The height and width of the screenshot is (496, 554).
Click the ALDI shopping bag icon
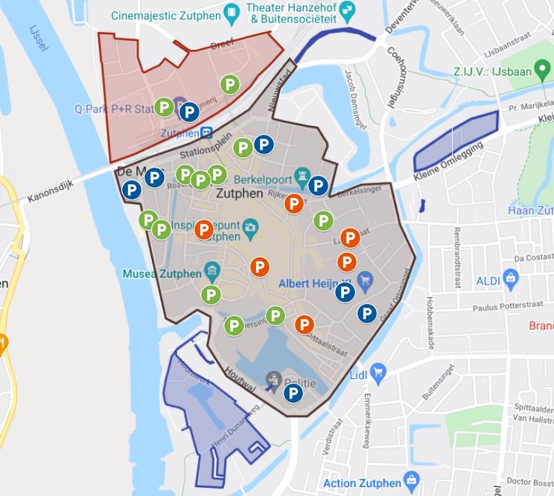point(511,279)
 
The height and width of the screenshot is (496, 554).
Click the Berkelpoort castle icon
point(301,173)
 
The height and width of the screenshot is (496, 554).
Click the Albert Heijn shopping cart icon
point(365,281)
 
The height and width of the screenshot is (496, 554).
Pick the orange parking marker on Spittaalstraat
point(304,325)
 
